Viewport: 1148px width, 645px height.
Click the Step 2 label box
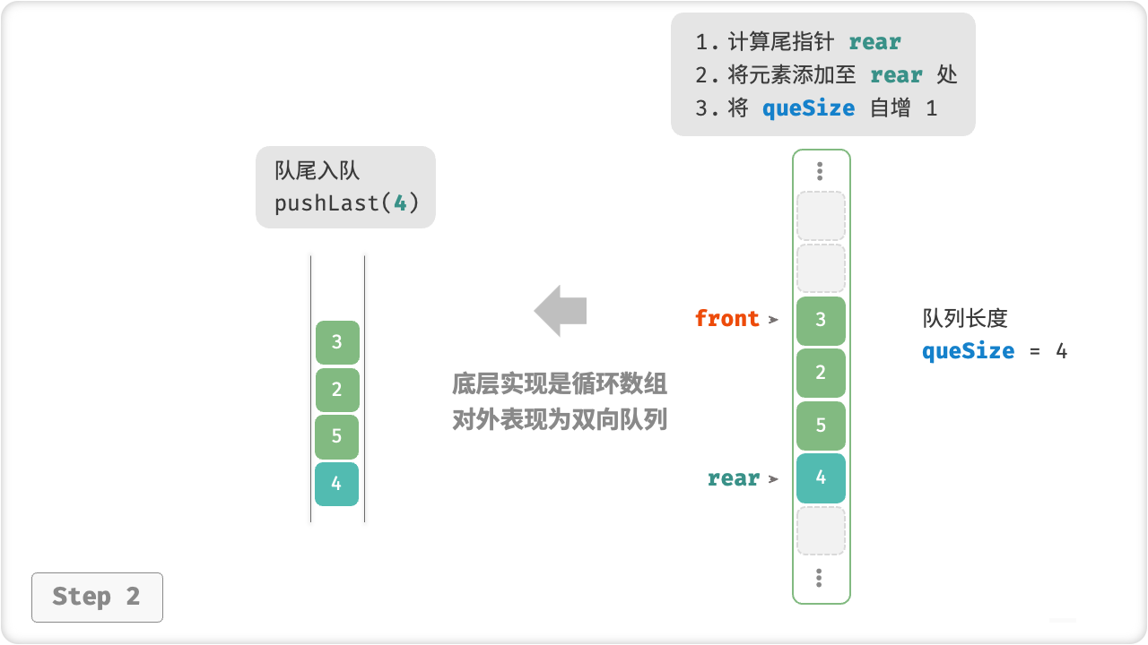click(97, 597)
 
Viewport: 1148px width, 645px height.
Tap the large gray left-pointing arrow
click(561, 311)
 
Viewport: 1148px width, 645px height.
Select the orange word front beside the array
click(727, 319)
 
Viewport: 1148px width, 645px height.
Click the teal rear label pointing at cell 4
click(734, 478)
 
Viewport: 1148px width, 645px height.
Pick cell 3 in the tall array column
click(821, 321)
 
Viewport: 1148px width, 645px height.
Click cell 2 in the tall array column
click(821, 373)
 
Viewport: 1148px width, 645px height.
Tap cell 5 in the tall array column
click(821, 426)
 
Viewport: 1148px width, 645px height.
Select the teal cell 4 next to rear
click(821, 477)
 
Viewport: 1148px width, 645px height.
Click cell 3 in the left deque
click(337, 342)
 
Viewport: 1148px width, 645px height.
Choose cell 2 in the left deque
click(337, 390)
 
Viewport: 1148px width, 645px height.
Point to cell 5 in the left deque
click(337, 436)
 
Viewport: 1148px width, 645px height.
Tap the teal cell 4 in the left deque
click(337, 484)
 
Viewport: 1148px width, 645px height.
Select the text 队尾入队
click(317, 171)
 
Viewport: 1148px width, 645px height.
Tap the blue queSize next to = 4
click(968, 350)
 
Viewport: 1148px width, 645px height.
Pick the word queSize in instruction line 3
click(808, 108)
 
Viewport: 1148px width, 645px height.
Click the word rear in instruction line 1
click(874, 42)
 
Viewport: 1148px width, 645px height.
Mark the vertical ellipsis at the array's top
click(820, 170)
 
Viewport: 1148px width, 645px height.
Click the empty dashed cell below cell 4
click(821, 530)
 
